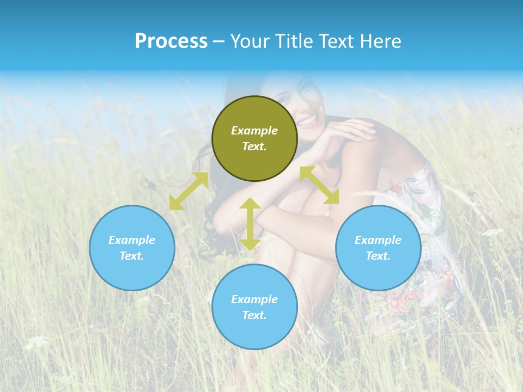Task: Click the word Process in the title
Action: point(171,41)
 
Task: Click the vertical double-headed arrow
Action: point(250,224)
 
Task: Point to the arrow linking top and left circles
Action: point(188,191)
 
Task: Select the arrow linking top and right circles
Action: point(319,185)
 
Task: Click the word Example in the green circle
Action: point(254,131)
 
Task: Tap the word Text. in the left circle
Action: point(132,256)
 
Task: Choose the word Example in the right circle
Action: point(378,240)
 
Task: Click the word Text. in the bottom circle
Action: point(254,315)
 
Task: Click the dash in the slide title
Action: point(218,42)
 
